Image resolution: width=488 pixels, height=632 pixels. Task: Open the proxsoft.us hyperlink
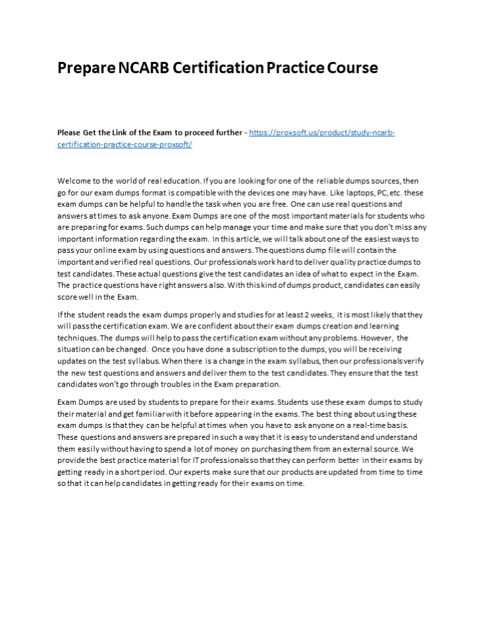pyautogui.click(x=322, y=133)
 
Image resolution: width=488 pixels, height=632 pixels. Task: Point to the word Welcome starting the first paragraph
pyautogui.click(x=74, y=180)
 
